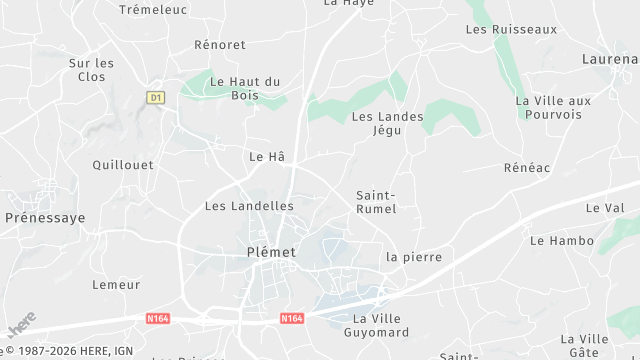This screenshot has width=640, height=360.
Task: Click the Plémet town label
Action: pos(270,252)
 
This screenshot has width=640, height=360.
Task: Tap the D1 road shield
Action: pos(155,97)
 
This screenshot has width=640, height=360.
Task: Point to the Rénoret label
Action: pos(220,45)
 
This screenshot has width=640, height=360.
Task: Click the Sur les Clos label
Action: pos(92,69)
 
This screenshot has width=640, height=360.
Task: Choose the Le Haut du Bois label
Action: pos(245,88)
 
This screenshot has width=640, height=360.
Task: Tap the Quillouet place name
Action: pos(123,165)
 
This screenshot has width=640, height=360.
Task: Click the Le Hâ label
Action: pos(267,157)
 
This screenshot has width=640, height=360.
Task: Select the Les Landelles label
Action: pos(249,206)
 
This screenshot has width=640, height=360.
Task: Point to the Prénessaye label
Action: pos(45,217)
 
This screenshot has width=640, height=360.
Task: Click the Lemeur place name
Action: pos(116,285)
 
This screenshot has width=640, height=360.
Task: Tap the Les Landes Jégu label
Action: pos(387,123)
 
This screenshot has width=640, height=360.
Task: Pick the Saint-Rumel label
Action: pos(376,202)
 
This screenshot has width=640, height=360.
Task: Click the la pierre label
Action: pos(414,257)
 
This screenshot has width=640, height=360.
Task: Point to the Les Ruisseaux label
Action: pos(511,30)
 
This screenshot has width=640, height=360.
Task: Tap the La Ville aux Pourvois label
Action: pos(553,107)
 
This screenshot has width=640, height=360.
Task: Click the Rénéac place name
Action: pos(527,168)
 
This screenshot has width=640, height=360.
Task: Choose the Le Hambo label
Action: pos(555,241)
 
